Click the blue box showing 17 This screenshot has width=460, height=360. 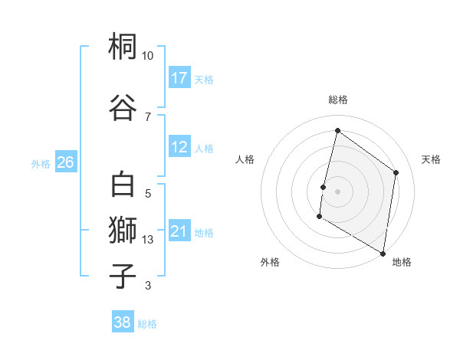click(x=179, y=77)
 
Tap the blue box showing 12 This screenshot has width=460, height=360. click(x=179, y=147)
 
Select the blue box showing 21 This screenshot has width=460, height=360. click(x=179, y=231)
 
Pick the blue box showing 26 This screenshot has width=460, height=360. click(x=65, y=162)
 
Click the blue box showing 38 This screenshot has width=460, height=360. click(x=123, y=322)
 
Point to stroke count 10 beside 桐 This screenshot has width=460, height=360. click(x=148, y=56)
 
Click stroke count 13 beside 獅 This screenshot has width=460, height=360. click(x=148, y=240)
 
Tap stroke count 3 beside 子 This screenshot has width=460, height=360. click(x=148, y=286)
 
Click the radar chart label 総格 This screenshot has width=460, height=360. click(x=337, y=100)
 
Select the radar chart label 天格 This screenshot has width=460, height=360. click(x=431, y=159)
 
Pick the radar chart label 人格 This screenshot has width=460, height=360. click(x=245, y=159)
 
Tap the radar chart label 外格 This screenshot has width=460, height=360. click(x=270, y=262)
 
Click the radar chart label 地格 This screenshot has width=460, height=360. click(x=402, y=262)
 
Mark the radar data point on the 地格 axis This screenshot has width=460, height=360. click(x=383, y=253)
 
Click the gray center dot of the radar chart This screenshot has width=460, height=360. click(x=337, y=191)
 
